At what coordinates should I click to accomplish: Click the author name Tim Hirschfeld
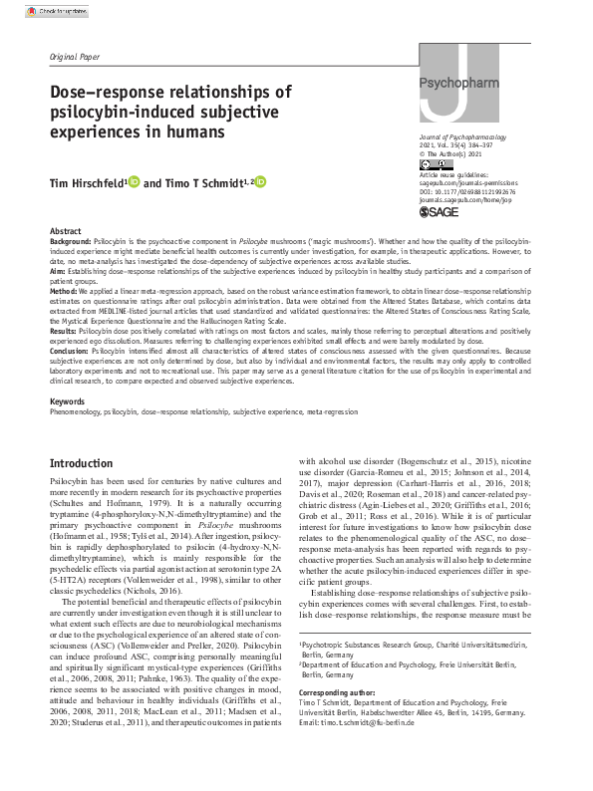(87, 183)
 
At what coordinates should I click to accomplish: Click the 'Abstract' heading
(66, 230)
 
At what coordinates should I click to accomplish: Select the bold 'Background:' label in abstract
(73, 242)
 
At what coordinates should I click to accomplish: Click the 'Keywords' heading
(68, 400)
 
